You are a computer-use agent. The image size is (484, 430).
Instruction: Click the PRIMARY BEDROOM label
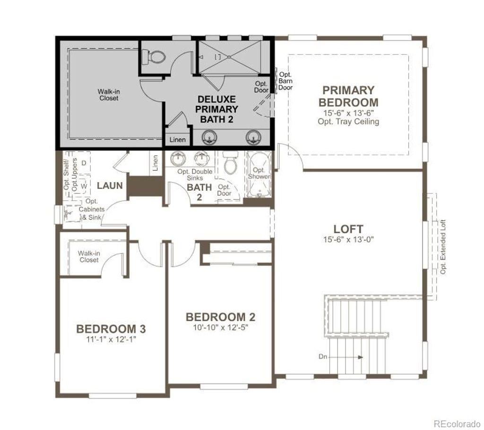point(348,96)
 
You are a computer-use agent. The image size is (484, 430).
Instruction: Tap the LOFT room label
point(348,229)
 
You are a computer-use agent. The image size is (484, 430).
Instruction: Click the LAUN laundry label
point(110,185)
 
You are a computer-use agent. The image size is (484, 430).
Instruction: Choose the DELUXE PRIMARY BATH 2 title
point(217,109)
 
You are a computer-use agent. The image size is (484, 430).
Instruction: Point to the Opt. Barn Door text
point(285,81)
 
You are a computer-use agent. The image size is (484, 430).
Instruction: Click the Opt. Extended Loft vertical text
point(443,247)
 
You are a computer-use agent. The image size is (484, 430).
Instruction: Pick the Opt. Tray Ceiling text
point(348,121)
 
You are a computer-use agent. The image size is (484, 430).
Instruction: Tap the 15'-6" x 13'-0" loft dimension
point(348,240)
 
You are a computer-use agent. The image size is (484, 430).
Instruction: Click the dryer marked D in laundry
point(83,163)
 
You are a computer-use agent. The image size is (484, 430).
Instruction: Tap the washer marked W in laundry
point(83,186)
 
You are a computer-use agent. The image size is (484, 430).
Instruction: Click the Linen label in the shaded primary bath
point(177,140)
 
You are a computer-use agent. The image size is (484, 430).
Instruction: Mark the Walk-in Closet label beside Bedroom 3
point(89,256)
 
